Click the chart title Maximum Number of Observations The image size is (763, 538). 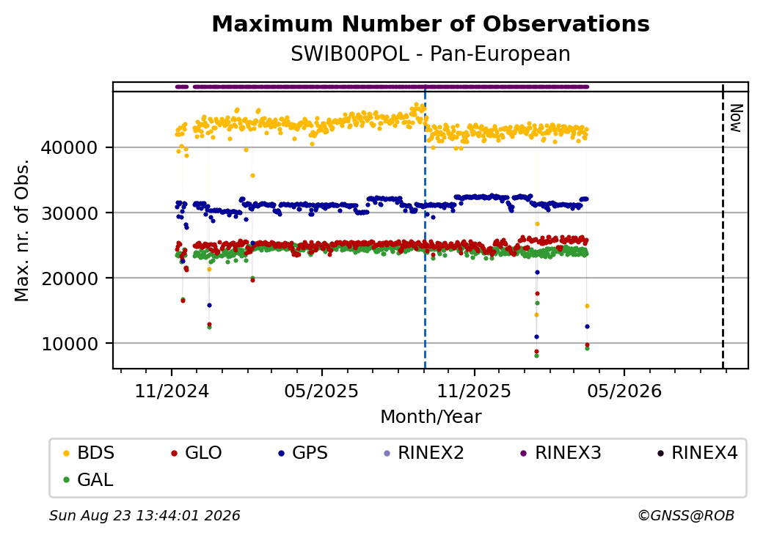pyautogui.click(x=431, y=23)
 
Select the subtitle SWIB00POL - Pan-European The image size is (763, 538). pyautogui.click(x=431, y=54)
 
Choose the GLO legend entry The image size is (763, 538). pyautogui.click(x=197, y=453)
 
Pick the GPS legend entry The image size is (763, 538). pyautogui.click(x=303, y=453)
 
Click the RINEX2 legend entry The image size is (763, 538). pyautogui.click(x=424, y=453)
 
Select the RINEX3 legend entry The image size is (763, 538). pyautogui.click(x=561, y=453)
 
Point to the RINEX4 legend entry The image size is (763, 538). pyautogui.click(x=697, y=453)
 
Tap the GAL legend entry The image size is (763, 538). pyautogui.click(x=89, y=479)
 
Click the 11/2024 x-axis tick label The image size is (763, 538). pyautogui.click(x=171, y=391)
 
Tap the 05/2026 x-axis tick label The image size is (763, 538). pyautogui.click(x=624, y=391)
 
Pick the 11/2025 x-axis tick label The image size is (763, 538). pyautogui.click(x=474, y=391)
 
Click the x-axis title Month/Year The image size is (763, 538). pyautogui.click(x=431, y=416)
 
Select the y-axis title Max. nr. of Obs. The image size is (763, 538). pyautogui.click(x=22, y=230)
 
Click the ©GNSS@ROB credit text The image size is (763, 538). pyautogui.click(x=686, y=515)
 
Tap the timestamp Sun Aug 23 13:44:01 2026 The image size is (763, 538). pyautogui.click(x=145, y=515)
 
